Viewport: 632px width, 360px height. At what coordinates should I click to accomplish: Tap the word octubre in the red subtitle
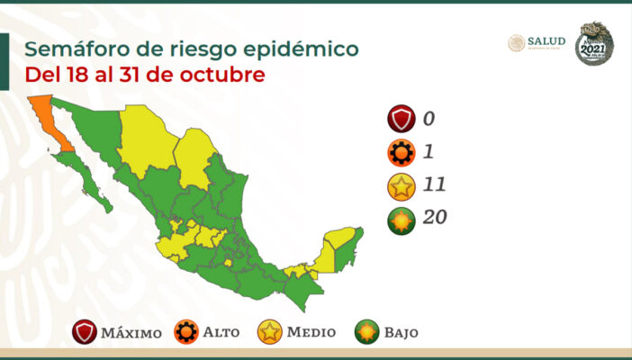pyautogui.click(x=223, y=75)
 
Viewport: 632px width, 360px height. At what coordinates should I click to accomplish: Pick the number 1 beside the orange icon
pyautogui.click(x=429, y=152)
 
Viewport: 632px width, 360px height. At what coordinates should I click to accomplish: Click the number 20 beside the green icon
pyautogui.click(x=435, y=217)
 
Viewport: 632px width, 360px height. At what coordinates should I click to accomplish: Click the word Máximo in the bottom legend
pyautogui.click(x=131, y=333)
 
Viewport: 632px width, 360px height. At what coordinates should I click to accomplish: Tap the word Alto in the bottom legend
pyautogui.click(x=221, y=333)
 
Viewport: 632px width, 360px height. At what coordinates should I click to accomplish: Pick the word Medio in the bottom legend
pyautogui.click(x=311, y=333)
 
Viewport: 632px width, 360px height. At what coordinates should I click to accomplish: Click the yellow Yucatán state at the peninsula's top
pyautogui.click(x=339, y=238)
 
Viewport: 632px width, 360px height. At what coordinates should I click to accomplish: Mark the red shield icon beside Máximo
pyautogui.click(x=86, y=332)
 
